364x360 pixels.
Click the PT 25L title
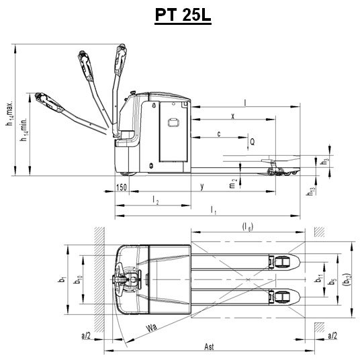183,15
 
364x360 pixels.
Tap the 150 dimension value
122,187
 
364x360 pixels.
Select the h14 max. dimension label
9,114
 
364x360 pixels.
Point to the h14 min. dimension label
24,130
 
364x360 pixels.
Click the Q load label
253,141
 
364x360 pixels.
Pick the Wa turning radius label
152,328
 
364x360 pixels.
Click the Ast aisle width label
209,347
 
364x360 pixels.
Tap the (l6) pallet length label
247,227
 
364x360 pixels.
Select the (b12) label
347,279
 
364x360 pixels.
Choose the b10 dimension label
77,279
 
